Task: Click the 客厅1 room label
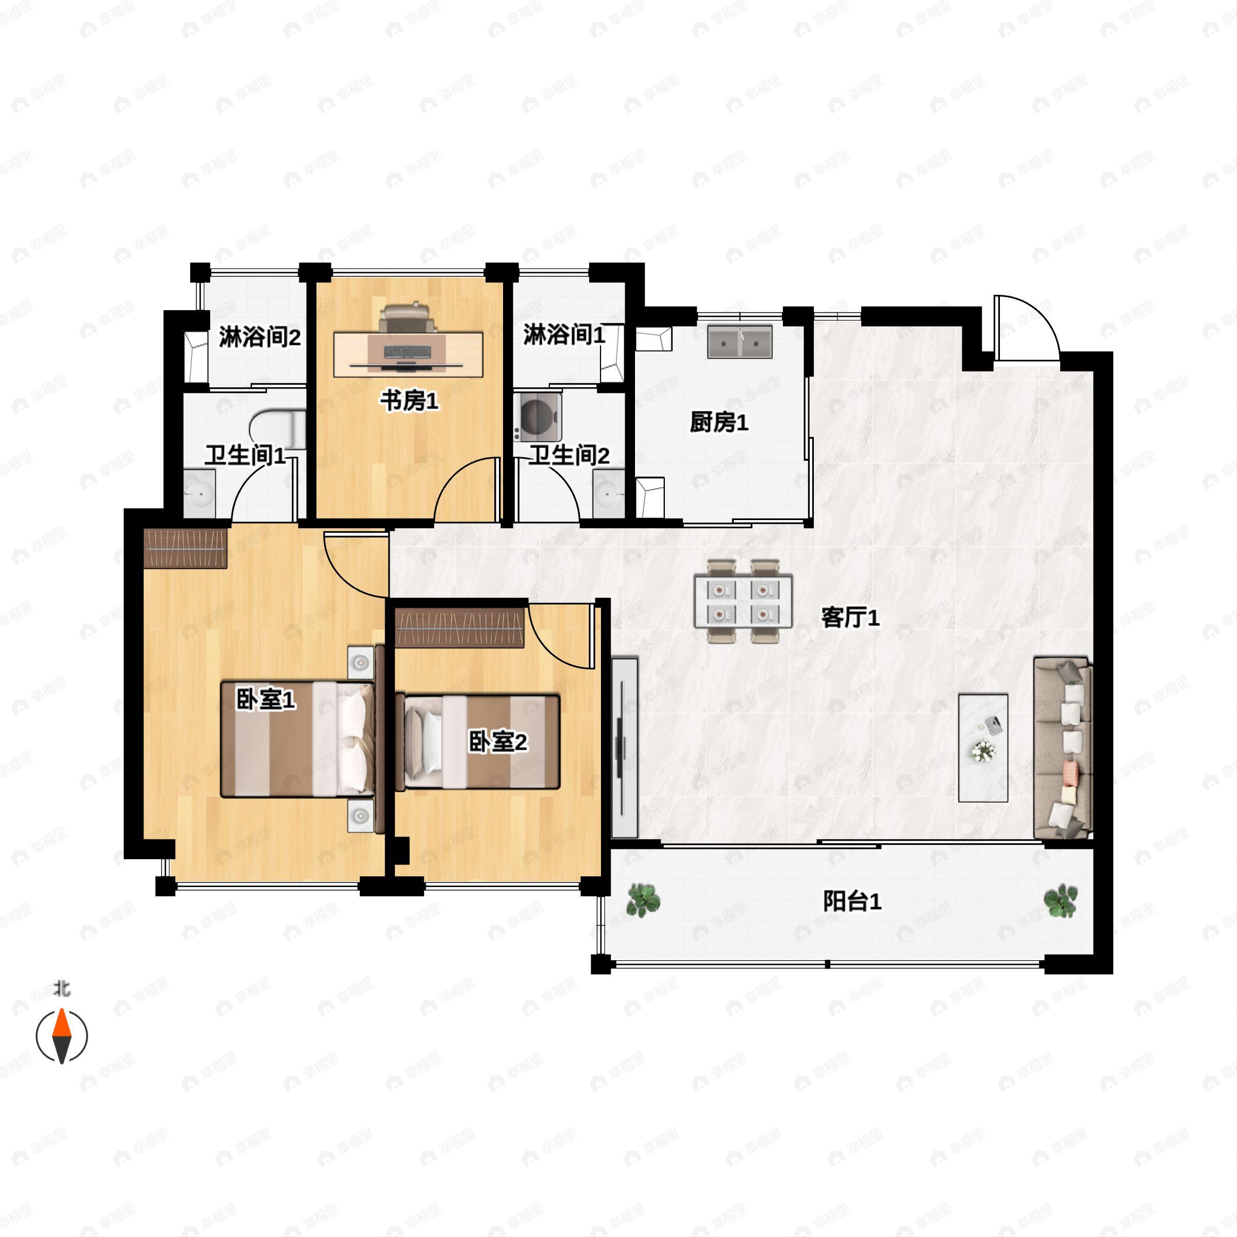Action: click(x=850, y=618)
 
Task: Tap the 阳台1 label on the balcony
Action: click(x=851, y=901)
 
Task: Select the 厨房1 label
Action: click(x=718, y=423)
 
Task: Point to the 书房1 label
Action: click(x=409, y=402)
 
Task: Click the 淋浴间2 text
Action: click(x=259, y=337)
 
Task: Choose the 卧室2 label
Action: click(x=497, y=742)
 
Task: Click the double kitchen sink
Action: click(x=740, y=341)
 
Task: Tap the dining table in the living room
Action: click(x=743, y=601)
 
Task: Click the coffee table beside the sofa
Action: click(x=983, y=748)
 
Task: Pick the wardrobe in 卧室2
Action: click(x=460, y=628)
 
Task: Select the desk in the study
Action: click(x=409, y=354)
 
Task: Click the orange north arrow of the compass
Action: click(x=61, y=1023)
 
